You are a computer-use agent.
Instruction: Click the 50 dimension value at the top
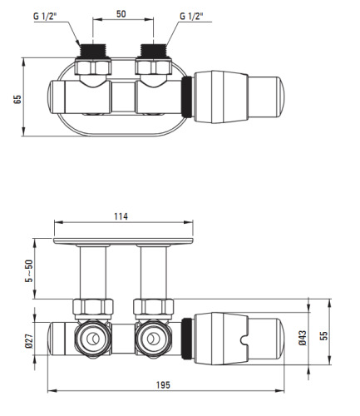click(x=121, y=13)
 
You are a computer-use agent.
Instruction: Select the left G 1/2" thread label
click(x=45, y=16)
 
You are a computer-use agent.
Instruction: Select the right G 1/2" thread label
click(x=191, y=16)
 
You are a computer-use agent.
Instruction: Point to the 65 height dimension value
click(x=17, y=99)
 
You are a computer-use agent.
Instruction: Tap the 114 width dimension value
click(x=121, y=216)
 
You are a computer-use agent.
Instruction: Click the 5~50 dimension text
click(x=29, y=271)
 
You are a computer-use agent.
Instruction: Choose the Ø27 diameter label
click(x=29, y=341)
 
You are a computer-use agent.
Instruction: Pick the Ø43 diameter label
click(x=303, y=338)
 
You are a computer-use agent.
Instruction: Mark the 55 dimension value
click(x=323, y=335)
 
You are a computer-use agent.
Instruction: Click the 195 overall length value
click(x=163, y=385)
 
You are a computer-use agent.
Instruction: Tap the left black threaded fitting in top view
click(x=93, y=51)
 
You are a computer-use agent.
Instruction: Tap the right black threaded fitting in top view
click(x=154, y=51)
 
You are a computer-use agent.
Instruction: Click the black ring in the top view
click(x=187, y=97)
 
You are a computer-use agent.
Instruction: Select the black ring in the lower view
click(x=187, y=339)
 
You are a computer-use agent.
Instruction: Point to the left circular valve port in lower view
click(x=93, y=339)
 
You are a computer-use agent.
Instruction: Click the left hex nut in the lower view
click(x=93, y=308)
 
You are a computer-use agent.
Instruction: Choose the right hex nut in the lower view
click(x=154, y=308)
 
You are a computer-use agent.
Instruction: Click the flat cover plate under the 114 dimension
click(x=123, y=241)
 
